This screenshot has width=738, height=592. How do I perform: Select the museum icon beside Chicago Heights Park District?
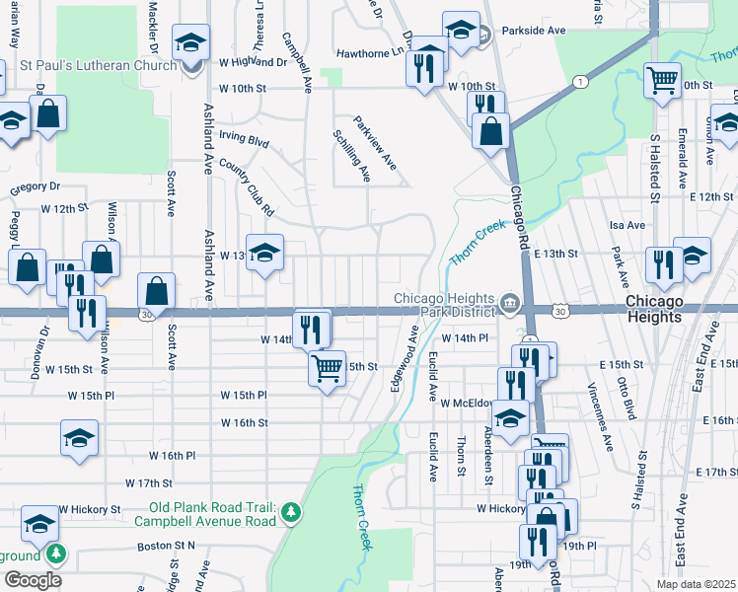pyautogui.click(x=509, y=302)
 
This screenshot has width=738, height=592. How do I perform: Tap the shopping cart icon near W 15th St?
pyautogui.click(x=328, y=368)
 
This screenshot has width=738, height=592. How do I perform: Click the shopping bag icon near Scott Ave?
pyautogui.click(x=156, y=289)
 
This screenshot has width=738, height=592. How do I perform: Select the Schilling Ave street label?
pyautogui.click(x=352, y=155)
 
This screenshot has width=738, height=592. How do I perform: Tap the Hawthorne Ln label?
pyautogui.click(x=370, y=53)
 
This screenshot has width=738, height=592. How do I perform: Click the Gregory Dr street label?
pyautogui.click(x=35, y=185)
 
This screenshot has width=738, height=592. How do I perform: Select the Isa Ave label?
pyautogui.click(x=628, y=225)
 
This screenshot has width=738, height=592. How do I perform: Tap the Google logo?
pyautogui.click(x=33, y=579)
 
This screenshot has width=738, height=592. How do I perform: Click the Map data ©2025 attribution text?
pyautogui.click(x=697, y=584)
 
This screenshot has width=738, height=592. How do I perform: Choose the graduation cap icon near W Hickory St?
pyautogui.click(x=39, y=522)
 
